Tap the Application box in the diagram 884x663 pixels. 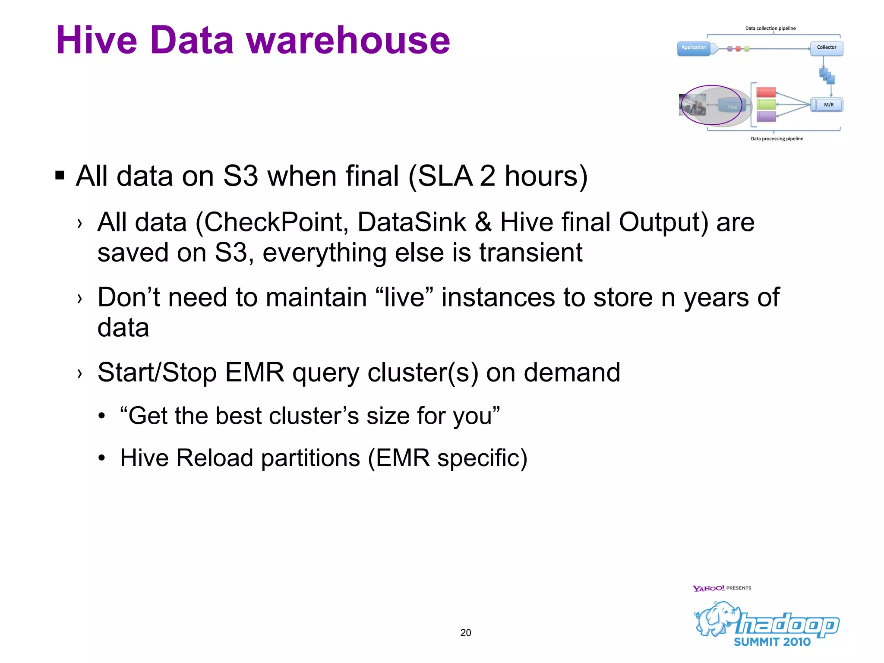point(694,48)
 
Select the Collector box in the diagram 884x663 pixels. point(826,48)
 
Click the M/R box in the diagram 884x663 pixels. point(828,105)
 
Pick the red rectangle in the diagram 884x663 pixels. point(766,92)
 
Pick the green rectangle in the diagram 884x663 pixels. point(766,104)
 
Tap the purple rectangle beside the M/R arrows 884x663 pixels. point(766,117)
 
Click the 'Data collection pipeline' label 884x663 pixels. point(770,28)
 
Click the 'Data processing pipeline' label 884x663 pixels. point(777,139)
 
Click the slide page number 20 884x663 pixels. point(465,633)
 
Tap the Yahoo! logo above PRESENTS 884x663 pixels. point(708,588)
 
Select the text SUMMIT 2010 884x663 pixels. point(772,642)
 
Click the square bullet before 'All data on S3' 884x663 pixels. point(60,176)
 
